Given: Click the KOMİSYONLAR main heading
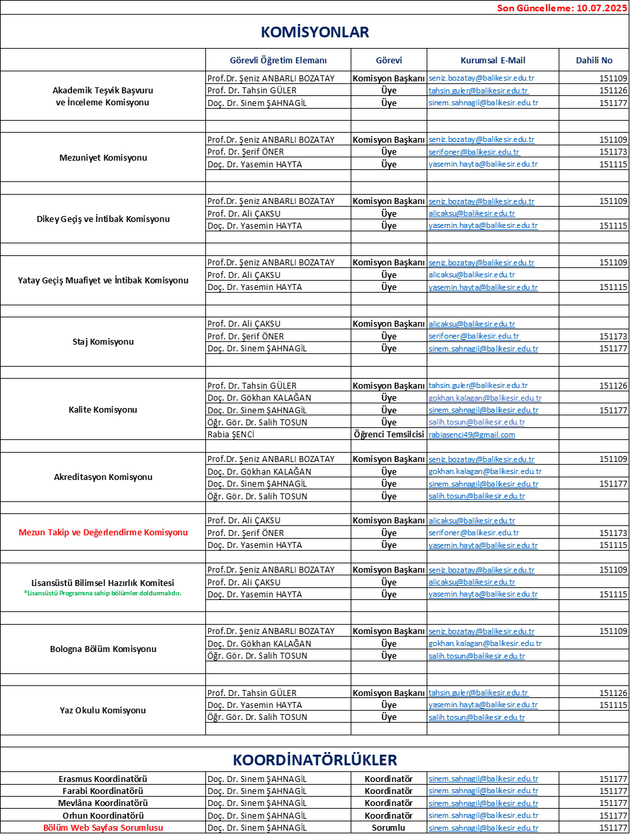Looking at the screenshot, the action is (x=315, y=32).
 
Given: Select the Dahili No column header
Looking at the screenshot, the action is (x=594, y=60).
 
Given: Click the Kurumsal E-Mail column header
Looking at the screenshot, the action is (x=493, y=60).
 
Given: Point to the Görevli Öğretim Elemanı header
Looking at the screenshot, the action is (x=278, y=60).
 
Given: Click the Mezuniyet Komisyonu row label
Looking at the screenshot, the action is (x=103, y=158).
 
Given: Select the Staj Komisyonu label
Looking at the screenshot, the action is (x=103, y=341).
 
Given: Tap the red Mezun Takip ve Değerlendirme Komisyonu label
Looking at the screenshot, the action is (x=103, y=532).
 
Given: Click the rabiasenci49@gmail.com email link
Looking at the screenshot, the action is (x=471, y=435).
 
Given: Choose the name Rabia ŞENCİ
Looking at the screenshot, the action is (x=231, y=434).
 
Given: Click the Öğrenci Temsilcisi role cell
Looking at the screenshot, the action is (x=389, y=434).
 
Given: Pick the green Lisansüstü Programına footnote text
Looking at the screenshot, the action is (x=103, y=593).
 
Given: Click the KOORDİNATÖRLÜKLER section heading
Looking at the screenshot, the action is (x=315, y=760).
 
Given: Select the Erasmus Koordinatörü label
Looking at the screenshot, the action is (x=103, y=779).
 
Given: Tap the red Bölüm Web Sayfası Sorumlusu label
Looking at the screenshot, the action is (x=103, y=827).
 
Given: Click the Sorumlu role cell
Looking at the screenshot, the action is (x=389, y=827).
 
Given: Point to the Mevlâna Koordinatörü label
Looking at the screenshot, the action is (x=103, y=803).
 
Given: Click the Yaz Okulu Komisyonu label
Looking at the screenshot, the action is (x=103, y=710).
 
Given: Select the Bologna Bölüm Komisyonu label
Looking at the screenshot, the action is (x=103, y=649).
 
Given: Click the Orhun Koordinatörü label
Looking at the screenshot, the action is (x=103, y=815).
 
